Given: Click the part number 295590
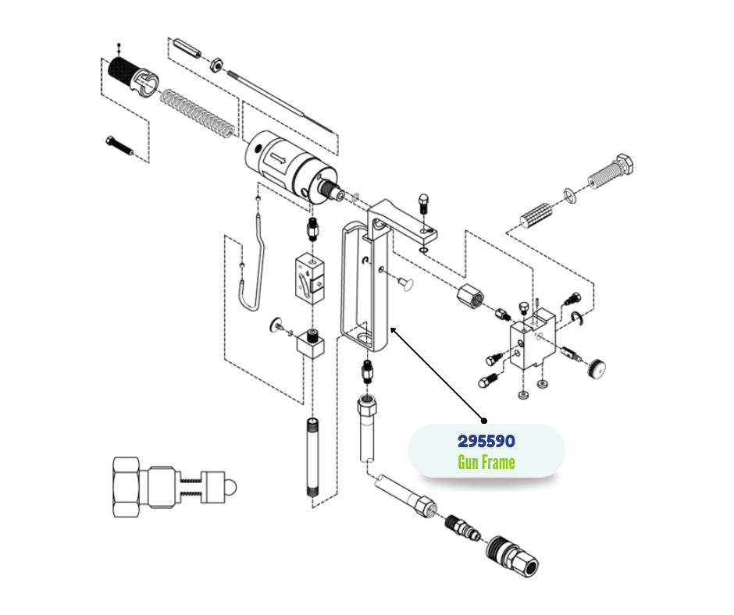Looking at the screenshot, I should click(486, 442).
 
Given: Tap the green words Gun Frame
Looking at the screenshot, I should click(486, 463).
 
